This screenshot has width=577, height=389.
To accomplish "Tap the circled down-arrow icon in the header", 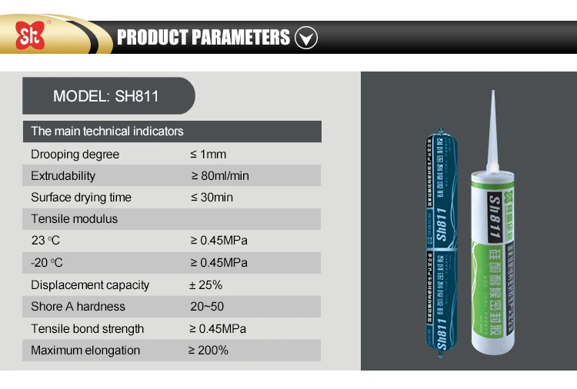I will click(x=306, y=37).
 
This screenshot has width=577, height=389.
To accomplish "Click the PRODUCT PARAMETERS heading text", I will click(x=203, y=37).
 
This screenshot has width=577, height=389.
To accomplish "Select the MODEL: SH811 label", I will click(x=106, y=97).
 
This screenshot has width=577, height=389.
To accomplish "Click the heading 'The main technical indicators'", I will click(x=107, y=131).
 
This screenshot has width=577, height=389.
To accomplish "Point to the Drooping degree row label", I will click(x=75, y=155).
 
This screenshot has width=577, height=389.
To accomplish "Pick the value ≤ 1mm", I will click(x=208, y=155).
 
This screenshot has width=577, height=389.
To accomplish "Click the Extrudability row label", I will click(x=63, y=176).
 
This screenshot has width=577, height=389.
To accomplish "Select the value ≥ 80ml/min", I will click(x=219, y=176).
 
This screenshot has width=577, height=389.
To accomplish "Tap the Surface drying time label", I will click(x=81, y=198).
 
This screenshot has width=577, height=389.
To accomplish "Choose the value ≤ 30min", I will click(x=211, y=198).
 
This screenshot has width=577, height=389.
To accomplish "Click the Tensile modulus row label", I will click(x=74, y=219).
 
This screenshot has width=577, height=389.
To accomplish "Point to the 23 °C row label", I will click(x=45, y=241).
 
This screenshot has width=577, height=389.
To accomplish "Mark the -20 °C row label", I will click(x=47, y=263).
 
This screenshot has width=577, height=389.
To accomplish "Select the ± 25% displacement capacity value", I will click(x=205, y=285).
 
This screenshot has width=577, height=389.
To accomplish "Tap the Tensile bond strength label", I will click(x=87, y=329).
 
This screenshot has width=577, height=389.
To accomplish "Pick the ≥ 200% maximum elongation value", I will click(x=208, y=351).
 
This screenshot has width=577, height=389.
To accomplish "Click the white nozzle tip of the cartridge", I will click(x=490, y=131).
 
